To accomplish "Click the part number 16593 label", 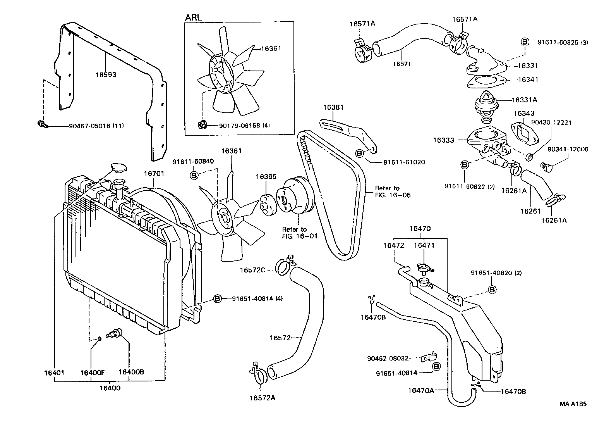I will click(x=106, y=74).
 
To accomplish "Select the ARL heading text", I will click(x=194, y=18).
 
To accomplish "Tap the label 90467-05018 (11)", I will click(x=96, y=126).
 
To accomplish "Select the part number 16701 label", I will click(x=154, y=174).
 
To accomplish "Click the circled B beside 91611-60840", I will click(x=194, y=176).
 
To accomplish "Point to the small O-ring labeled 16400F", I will click(x=100, y=339).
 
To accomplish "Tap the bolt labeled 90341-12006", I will click(x=546, y=167).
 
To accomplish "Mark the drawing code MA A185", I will click(x=573, y=404).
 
